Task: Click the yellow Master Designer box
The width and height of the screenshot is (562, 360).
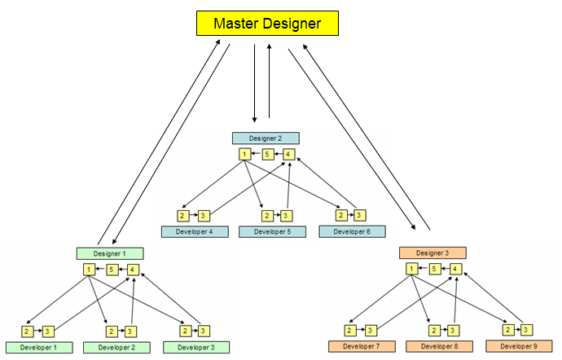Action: [x=267, y=23]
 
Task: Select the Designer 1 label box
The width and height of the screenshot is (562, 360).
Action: [x=110, y=253]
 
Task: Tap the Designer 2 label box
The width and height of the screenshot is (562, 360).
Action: [x=266, y=138]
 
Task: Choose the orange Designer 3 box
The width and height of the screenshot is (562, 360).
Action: [x=432, y=253]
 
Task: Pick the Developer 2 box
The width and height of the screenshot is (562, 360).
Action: [x=116, y=348]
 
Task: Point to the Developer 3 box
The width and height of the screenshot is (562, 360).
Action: [x=196, y=348]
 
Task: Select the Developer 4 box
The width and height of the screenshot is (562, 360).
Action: [x=194, y=232]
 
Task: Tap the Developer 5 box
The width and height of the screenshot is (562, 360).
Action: [x=272, y=232]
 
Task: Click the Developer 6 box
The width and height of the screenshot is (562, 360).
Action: [x=352, y=232]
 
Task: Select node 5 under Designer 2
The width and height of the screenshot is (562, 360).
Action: [x=266, y=154]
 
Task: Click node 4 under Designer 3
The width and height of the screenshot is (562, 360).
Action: [x=457, y=270]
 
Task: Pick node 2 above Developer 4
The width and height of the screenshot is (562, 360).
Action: [x=183, y=216]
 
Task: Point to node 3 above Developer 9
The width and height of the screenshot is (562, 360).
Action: [x=529, y=330]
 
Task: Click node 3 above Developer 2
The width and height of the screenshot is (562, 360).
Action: [x=130, y=331]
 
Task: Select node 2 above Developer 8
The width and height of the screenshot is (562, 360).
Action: [x=433, y=330]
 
